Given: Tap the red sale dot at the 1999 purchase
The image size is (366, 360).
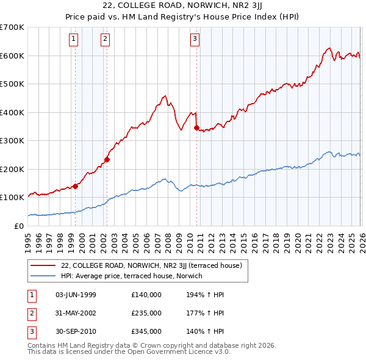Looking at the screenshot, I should [75, 186].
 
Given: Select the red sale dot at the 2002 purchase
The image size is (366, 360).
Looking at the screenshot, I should [107, 159].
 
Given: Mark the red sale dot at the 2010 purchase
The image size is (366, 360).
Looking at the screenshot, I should [196, 128].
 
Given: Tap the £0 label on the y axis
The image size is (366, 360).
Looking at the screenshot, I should [18, 226].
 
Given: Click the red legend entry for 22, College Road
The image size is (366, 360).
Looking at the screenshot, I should [152, 265].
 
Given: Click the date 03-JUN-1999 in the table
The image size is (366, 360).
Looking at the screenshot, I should [75, 295].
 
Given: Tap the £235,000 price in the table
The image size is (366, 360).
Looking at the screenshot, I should [146, 313].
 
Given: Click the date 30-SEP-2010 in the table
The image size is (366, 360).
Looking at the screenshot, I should [75, 331].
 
